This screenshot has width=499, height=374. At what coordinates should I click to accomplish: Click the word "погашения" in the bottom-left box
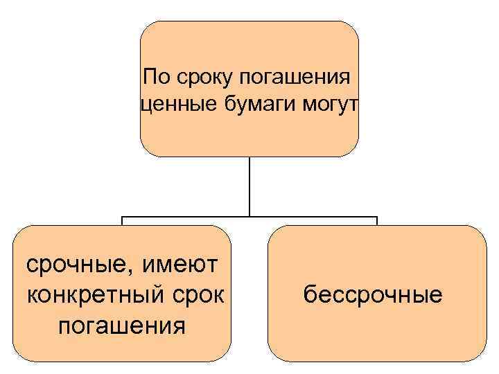122,325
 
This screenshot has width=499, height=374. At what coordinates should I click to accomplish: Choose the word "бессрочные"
373,296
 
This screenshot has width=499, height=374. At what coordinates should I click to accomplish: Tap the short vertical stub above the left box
122,221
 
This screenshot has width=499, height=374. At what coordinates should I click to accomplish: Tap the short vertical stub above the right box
377,221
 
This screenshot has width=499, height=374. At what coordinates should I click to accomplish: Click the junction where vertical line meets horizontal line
249,217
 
